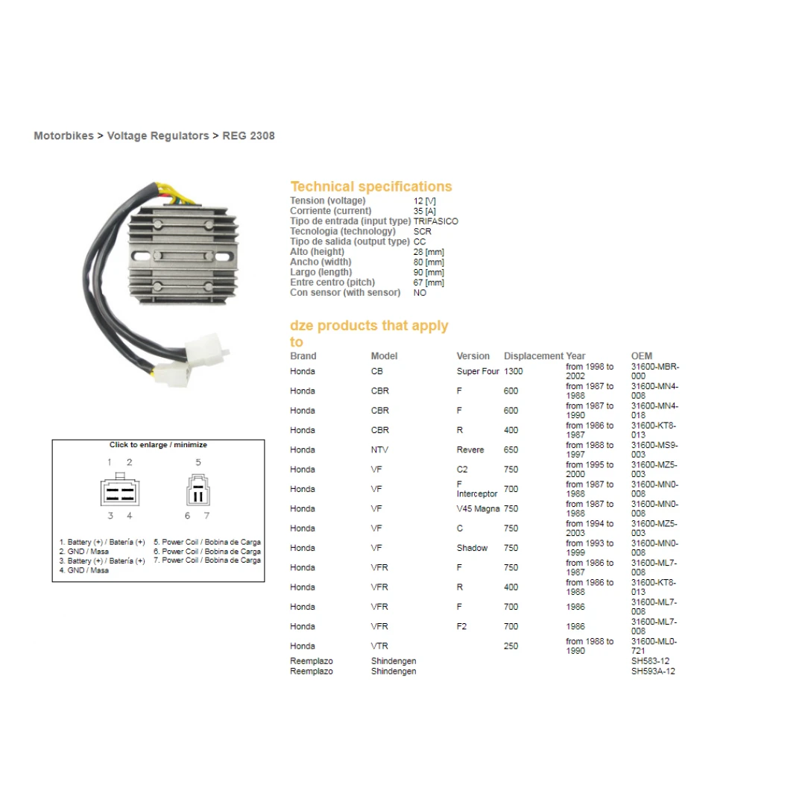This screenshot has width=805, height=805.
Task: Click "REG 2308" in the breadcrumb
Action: click(248, 136)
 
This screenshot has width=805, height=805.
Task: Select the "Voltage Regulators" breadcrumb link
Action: click(158, 136)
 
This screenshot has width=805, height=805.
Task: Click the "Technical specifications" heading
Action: click(371, 186)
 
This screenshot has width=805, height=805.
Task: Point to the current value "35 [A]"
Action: click(425, 211)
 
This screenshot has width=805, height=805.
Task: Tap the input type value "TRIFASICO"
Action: click(436, 221)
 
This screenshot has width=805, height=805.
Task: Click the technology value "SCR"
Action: click(423, 232)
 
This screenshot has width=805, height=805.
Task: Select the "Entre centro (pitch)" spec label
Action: click(332, 282)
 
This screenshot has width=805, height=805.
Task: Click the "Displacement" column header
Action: click(534, 356)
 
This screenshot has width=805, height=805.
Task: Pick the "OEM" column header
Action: click(642, 356)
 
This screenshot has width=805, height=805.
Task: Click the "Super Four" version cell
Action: click(478, 371)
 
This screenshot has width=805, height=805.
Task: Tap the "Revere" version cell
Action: click(470, 449)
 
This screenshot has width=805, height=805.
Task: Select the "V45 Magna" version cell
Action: click(478, 509)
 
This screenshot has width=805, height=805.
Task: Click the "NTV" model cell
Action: click(380, 449)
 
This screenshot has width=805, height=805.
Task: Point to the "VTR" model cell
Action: click(380, 645)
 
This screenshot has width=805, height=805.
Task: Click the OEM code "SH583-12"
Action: click(651, 660)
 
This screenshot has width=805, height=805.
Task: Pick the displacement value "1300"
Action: click(514, 371)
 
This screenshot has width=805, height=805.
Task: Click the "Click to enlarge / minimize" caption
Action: click(158, 444)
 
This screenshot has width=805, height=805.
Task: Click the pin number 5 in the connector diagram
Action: click(198, 462)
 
